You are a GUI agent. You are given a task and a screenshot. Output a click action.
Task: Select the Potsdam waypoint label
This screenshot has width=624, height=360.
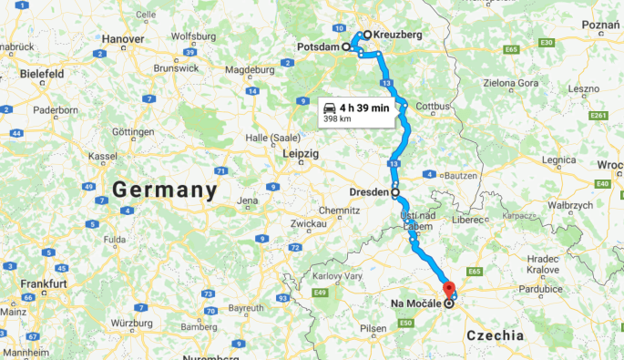click(x=317, y=46)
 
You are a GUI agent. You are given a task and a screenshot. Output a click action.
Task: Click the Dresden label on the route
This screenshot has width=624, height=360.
click(x=370, y=192)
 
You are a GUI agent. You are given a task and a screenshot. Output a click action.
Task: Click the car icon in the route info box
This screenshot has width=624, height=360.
click(x=328, y=108)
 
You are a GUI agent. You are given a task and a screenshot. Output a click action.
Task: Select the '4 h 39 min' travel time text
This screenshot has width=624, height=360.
click(x=364, y=108)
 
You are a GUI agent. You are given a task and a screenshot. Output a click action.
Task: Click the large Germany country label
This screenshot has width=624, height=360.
click(x=165, y=190)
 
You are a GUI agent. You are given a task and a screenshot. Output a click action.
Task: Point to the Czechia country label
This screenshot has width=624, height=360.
click(x=495, y=336)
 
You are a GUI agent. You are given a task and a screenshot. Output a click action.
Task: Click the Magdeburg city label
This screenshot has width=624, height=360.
click(x=243, y=69)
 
